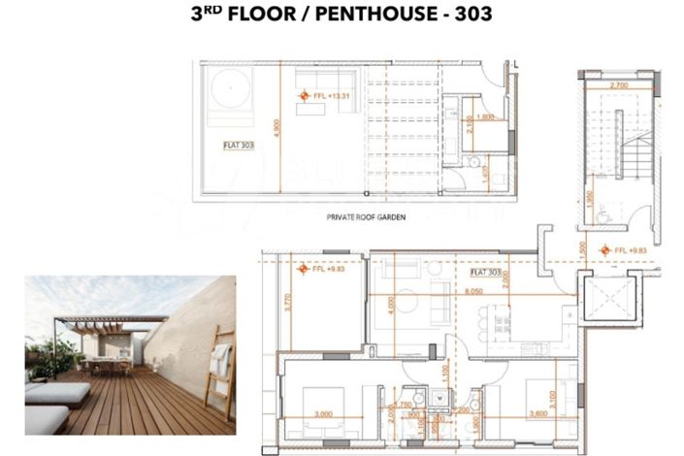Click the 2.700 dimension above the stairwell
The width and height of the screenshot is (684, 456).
[x=618, y=86]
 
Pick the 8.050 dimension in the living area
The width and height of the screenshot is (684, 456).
[x=474, y=291]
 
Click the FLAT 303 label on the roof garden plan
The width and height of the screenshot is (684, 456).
[x=237, y=144]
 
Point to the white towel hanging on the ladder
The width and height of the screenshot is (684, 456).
[x=219, y=360]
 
